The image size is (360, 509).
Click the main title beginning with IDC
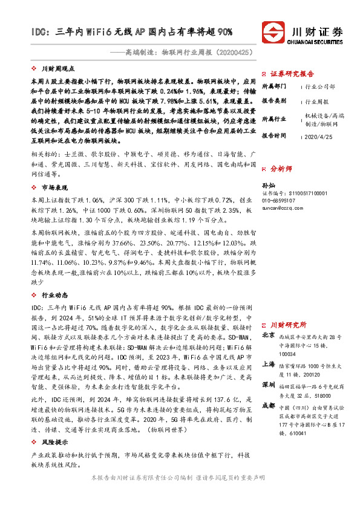coord(133,31)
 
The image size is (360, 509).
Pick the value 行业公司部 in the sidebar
coord(320,87)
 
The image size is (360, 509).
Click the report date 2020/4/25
coord(319,137)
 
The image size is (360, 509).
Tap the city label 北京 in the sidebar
coord(267,334)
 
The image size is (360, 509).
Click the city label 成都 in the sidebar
coord(267,406)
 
